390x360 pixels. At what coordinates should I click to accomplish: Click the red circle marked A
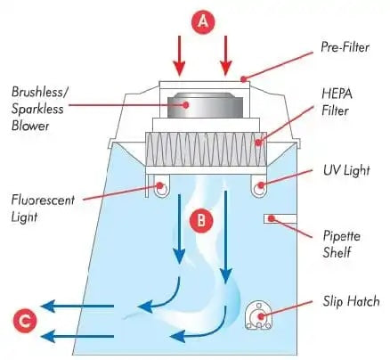[x=203, y=21]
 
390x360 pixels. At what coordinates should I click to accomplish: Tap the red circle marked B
[x=201, y=220]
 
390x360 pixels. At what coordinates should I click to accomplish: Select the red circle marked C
[x=25, y=321]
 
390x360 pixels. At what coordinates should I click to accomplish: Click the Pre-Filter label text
[x=345, y=47]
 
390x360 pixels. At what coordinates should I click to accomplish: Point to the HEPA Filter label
[x=337, y=102]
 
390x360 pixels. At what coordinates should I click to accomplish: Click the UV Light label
[x=346, y=170]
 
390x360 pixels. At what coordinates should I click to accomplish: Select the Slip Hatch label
[x=351, y=301]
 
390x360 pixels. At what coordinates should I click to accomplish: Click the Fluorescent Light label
[x=43, y=209]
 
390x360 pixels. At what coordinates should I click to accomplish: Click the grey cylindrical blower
[x=205, y=105]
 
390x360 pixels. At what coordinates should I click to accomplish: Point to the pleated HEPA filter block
[x=206, y=149]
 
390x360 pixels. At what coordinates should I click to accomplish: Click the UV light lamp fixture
[x=260, y=186]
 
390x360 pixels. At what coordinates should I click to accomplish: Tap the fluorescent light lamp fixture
[x=161, y=186]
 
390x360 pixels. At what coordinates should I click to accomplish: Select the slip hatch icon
[x=258, y=315]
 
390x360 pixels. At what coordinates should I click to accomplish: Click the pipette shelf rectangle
[x=280, y=218]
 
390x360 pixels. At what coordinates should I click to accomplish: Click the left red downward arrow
[x=179, y=55]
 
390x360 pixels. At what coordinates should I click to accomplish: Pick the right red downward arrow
[x=226, y=55]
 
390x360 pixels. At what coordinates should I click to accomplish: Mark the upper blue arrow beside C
[x=77, y=306]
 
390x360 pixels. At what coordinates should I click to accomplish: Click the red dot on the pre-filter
[x=244, y=79]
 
